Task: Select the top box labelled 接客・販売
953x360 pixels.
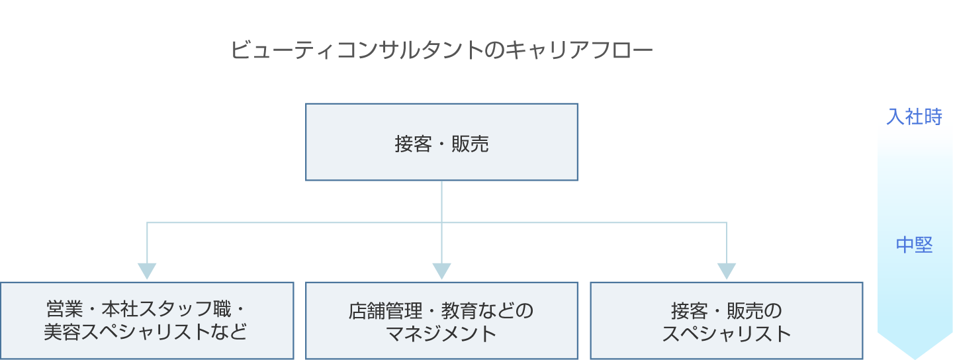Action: [x=441, y=142]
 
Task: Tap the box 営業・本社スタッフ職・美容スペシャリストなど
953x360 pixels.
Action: [x=146, y=321]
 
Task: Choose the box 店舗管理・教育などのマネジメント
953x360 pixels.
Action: [x=441, y=321]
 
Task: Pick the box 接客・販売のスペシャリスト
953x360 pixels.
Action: [x=726, y=321]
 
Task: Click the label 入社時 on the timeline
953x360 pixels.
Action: [x=914, y=116]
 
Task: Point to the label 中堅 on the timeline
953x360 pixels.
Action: [x=914, y=246]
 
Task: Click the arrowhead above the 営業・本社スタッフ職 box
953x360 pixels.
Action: [x=146, y=271]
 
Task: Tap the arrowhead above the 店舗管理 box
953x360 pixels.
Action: [x=441, y=271]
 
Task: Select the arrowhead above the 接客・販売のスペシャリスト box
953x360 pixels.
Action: [x=726, y=271]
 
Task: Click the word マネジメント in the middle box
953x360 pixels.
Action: [x=441, y=333]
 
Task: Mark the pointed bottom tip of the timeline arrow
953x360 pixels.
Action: [x=914, y=357]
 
